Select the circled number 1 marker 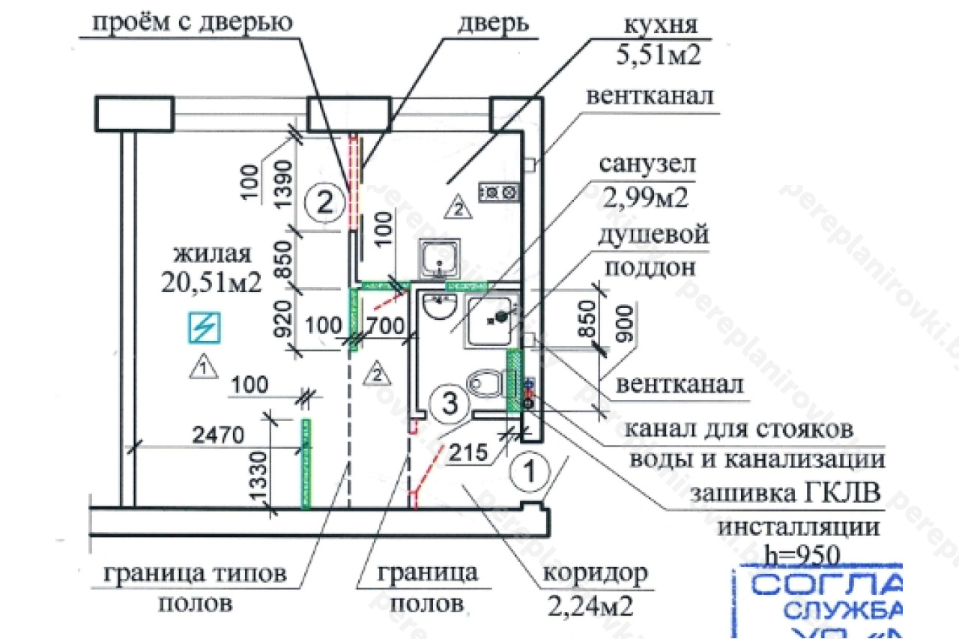tap(529, 472)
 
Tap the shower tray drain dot tap(494, 318)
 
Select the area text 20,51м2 tap(211, 281)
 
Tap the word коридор tap(594, 575)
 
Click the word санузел tap(644, 164)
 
